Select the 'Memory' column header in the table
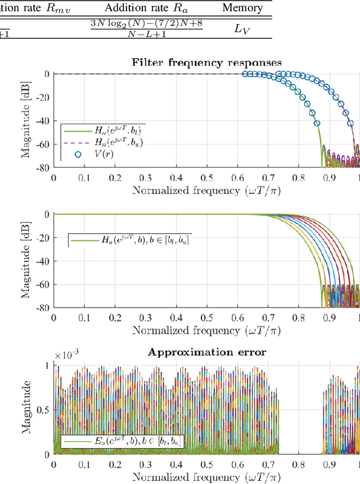pos(242,8)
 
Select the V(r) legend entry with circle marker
pos(103,153)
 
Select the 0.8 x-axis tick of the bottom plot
pos(298,464)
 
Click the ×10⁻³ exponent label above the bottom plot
pos(67,355)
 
